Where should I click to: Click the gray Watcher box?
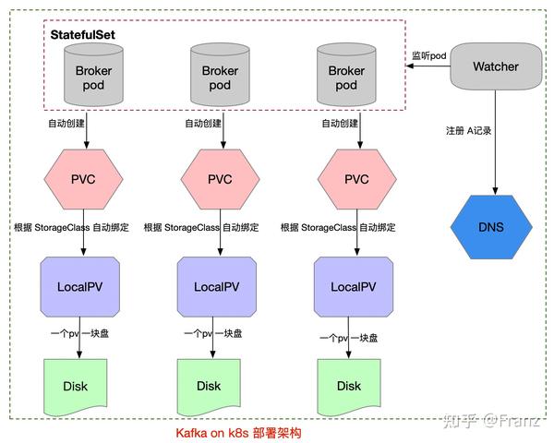point(496,66)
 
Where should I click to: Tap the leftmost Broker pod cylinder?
point(86,76)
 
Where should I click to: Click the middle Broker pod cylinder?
point(220,76)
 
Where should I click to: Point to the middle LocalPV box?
point(220,286)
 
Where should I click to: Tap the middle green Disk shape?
point(210,385)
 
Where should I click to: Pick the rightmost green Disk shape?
point(349,385)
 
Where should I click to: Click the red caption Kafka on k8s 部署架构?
point(238,432)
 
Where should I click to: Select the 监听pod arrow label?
point(428,57)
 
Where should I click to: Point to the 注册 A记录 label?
point(468,130)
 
